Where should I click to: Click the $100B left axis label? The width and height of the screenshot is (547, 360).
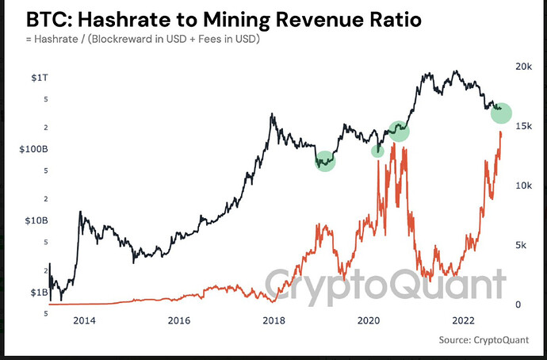tap(33, 147)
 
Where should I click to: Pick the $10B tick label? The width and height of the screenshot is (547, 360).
tap(36, 220)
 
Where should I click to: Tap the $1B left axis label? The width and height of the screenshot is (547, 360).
tap(39, 292)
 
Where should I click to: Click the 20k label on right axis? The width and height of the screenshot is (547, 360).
tap(524, 67)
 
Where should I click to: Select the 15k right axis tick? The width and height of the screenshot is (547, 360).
tap(525, 126)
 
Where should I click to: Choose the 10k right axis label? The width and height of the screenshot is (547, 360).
tap(525, 186)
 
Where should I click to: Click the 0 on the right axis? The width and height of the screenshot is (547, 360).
tap(519, 304)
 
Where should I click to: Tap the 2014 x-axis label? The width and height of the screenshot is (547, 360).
tap(84, 320)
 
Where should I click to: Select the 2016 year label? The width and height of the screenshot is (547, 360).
tap(179, 320)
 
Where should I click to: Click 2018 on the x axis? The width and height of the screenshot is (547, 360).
tap(273, 320)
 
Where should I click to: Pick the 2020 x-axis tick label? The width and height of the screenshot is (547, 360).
tap(369, 320)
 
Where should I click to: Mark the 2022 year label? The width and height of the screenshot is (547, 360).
tap(463, 320)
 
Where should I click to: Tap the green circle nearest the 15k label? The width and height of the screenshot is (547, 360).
tap(501, 113)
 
